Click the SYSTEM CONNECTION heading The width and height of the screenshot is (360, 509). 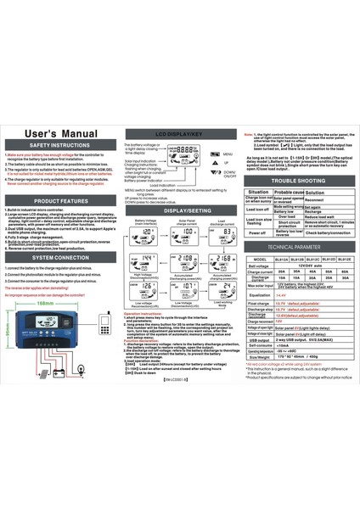pyautogui.click(x=59, y=256)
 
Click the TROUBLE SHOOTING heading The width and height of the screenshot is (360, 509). pyautogui.click(x=298, y=182)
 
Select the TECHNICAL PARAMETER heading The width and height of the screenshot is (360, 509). pyautogui.click(x=298, y=245)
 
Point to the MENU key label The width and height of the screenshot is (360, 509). pyautogui.click(x=227, y=154)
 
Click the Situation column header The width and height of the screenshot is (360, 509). pyautogui.click(x=257, y=193)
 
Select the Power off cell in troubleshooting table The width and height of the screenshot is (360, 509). pyautogui.click(x=257, y=232)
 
